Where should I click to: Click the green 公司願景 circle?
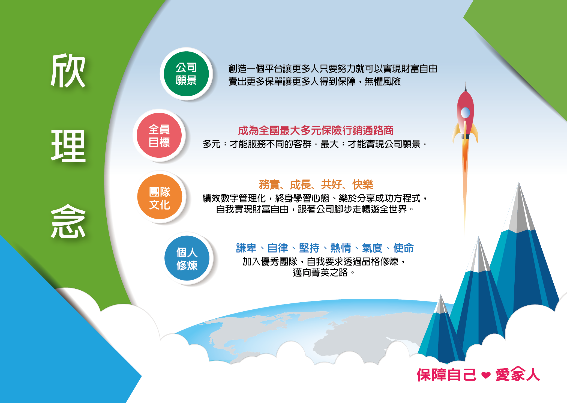[x=186, y=74]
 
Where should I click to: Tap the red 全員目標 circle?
[x=159, y=135]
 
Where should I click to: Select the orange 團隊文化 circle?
[x=160, y=197]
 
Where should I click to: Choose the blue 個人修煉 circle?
[x=187, y=258]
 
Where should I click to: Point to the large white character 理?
[x=68, y=146]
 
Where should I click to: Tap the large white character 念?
[x=68, y=221]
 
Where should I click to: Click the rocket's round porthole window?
[x=465, y=112]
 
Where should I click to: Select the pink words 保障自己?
[x=446, y=375]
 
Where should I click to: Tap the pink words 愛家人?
[x=518, y=374]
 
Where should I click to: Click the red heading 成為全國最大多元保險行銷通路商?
[x=316, y=130]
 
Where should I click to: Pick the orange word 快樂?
[x=362, y=185]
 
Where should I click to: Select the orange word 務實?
[x=269, y=185]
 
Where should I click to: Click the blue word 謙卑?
[x=246, y=248]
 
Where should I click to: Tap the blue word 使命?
[x=403, y=248]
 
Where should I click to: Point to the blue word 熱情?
[x=341, y=248]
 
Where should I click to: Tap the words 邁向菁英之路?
[x=320, y=272]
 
